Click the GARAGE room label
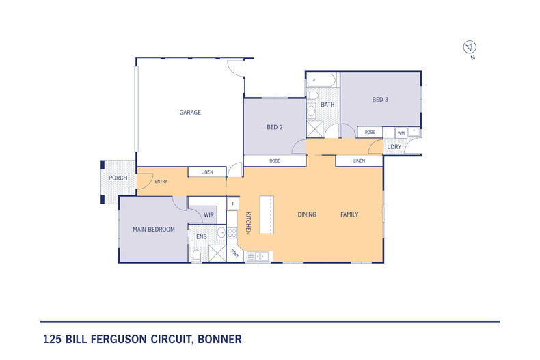190,112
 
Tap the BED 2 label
275,127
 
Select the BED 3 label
380,100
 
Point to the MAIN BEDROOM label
154,230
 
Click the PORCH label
118,178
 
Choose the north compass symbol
470,47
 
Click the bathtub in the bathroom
321,81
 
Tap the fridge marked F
233,204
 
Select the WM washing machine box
401,133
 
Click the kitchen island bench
267,214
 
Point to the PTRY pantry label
235,254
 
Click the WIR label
208,215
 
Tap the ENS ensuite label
202,237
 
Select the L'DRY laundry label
394,147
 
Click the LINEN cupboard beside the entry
207,171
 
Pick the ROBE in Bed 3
370,132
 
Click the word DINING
307,214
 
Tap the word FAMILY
349,214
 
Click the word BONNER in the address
219,339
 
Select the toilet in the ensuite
197,255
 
